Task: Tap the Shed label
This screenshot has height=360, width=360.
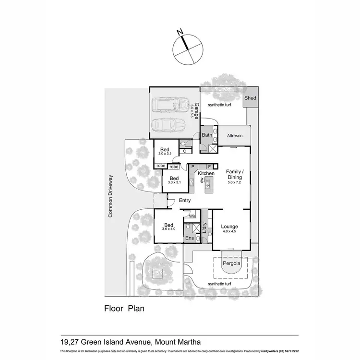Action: point(250,98)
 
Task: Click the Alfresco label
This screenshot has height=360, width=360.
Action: point(234,136)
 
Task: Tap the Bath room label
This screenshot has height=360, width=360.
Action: point(207,135)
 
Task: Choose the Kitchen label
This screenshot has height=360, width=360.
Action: point(206,173)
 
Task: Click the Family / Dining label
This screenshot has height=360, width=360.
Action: point(235,175)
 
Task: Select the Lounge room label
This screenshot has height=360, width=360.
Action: point(229,227)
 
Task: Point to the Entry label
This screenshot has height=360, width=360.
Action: point(185,201)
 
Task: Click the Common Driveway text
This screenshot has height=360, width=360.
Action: point(110,196)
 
